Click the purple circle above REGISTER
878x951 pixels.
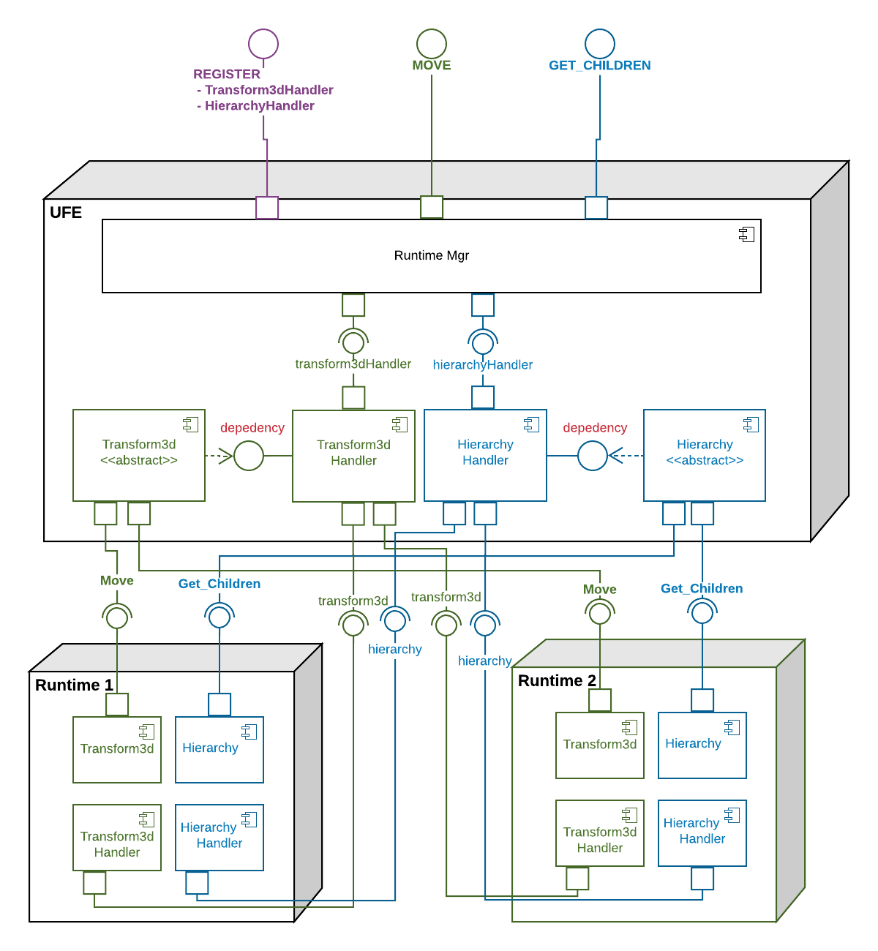263,44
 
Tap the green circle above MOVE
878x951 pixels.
432,44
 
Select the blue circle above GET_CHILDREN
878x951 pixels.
600,44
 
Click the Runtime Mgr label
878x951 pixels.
431,255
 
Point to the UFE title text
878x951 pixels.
66,213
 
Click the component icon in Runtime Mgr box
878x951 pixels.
746,234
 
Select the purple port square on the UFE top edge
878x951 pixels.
267,208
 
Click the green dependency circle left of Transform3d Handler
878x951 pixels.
249,456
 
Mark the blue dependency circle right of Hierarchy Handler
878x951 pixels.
593,456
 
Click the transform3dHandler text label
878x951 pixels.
353,364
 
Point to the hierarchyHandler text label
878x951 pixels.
482,364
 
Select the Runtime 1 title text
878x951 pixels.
74,685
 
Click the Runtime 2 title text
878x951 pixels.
557,680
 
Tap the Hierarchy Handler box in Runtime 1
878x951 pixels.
219,838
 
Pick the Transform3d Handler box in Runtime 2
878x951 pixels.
600,834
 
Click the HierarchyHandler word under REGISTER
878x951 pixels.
259,105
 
